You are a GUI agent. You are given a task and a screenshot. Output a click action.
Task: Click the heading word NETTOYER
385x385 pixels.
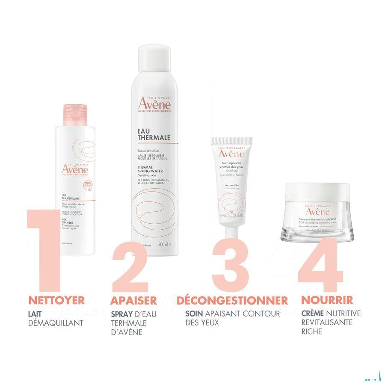[x=56, y=300]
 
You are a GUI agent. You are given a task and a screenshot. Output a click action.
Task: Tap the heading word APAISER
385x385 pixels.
[x=133, y=300]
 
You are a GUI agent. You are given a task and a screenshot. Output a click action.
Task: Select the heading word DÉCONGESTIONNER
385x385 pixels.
[x=232, y=300]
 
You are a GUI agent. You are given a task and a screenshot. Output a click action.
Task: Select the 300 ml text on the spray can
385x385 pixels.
[x=164, y=245]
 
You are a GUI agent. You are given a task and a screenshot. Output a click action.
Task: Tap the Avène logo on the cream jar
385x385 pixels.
[x=317, y=211]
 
